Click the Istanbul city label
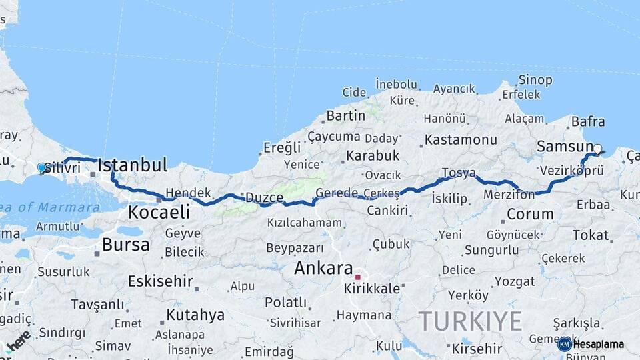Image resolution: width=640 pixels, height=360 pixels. pos(132,165)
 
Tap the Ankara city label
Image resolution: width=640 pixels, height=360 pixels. pos(323,269)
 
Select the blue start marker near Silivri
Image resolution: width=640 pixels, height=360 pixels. pos(42,168)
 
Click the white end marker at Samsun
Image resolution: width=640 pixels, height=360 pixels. pos(597,149)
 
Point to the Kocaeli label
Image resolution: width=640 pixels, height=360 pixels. pos(159,213)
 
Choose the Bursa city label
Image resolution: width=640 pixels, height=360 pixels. pos(125,245)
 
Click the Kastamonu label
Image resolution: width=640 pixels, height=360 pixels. pos(461,140)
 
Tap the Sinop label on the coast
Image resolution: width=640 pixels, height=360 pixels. pos(535,80)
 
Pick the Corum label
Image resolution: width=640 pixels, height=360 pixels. pos(530,214)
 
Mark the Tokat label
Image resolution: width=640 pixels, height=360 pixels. pos(591,235)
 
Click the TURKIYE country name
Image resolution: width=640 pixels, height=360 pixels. pos(471,321)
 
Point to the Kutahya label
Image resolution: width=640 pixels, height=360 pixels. pos(195,315)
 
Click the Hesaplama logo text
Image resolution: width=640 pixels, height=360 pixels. pos(598,345)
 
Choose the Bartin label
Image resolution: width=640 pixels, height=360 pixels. pos(345,115)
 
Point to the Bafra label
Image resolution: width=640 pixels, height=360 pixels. pos(588,122)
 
